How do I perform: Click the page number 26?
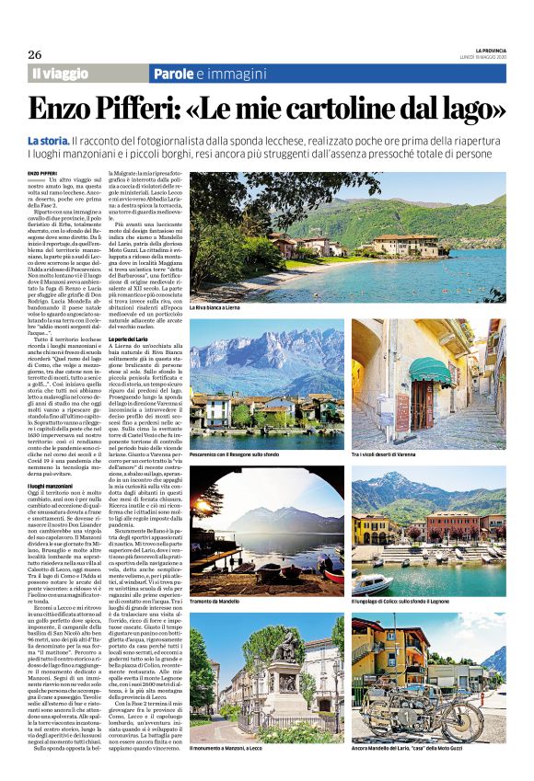[35, 54]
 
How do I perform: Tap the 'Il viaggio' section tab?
[61, 73]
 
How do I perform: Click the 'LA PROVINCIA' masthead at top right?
[492, 50]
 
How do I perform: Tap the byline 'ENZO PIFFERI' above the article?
[41, 172]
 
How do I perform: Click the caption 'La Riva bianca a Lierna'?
[217, 307]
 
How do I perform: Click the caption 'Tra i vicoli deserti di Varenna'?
[390, 454]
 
